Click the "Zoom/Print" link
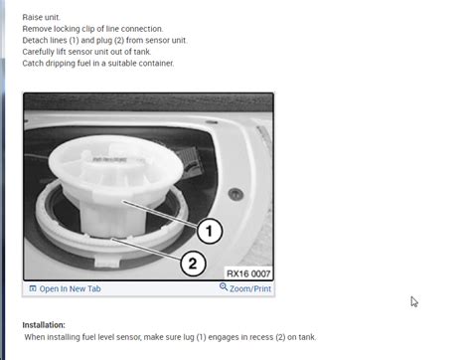click(249, 288)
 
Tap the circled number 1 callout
click(208, 232)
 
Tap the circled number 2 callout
click(192, 264)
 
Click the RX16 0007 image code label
click(247, 271)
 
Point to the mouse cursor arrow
click(414, 301)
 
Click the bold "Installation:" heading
click(44, 324)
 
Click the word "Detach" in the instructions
click(36, 40)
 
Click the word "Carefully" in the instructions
click(41, 52)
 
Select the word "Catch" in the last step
click(33, 63)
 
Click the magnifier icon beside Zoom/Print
click(224, 287)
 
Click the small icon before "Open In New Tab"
click(33, 288)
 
